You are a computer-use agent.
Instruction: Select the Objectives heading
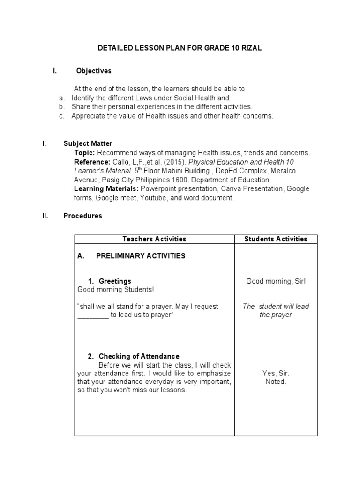click(94, 71)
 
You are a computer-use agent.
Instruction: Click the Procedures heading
click(82, 216)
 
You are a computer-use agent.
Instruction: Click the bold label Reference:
click(92, 162)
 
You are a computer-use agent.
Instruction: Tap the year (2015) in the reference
click(164, 162)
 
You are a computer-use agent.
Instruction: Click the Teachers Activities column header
click(154, 239)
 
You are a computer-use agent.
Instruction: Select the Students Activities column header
click(276, 239)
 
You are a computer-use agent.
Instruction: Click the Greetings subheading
click(115, 281)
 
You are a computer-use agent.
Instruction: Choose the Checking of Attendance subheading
click(139, 356)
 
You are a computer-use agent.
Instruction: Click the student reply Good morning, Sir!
click(276, 281)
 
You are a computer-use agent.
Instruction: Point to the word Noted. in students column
click(276, 382)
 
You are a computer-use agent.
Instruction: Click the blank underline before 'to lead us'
click(93, 315)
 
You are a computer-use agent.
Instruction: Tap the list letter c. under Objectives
click(61, 116)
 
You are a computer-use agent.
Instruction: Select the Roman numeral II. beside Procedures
click(45, 216)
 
